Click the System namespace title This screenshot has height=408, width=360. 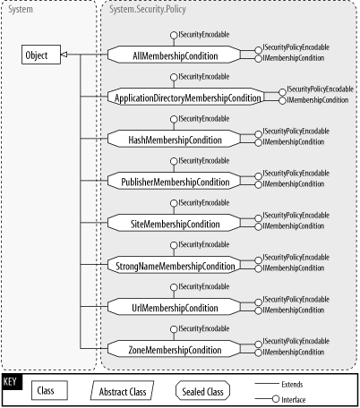[21, 9]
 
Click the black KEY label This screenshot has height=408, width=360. [12, 381]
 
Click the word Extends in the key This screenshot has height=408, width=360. [292, 384]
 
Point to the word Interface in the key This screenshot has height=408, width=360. [295, 400]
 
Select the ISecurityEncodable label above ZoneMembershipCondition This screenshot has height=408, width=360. [204, 328]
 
